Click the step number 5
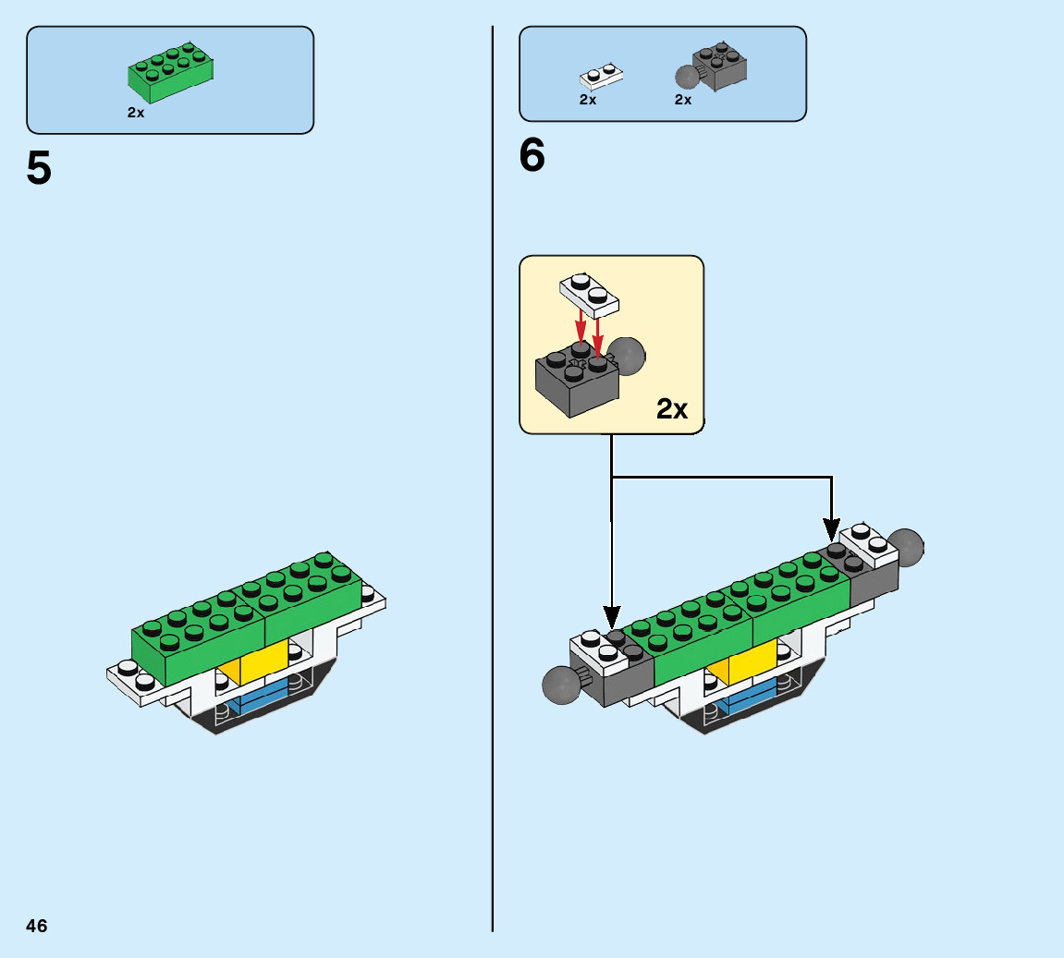coord(39,168)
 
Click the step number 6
coord(532,156)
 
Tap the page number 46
coord(37,926)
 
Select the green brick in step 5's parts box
coord(172,74)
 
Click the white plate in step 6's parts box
coord(600,77)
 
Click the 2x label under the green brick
coord(136,113)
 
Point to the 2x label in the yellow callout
coord(672,408)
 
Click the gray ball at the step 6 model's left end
coord(559,685)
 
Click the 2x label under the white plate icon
coord(588,100)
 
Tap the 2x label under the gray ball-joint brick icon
coord(683,100)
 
